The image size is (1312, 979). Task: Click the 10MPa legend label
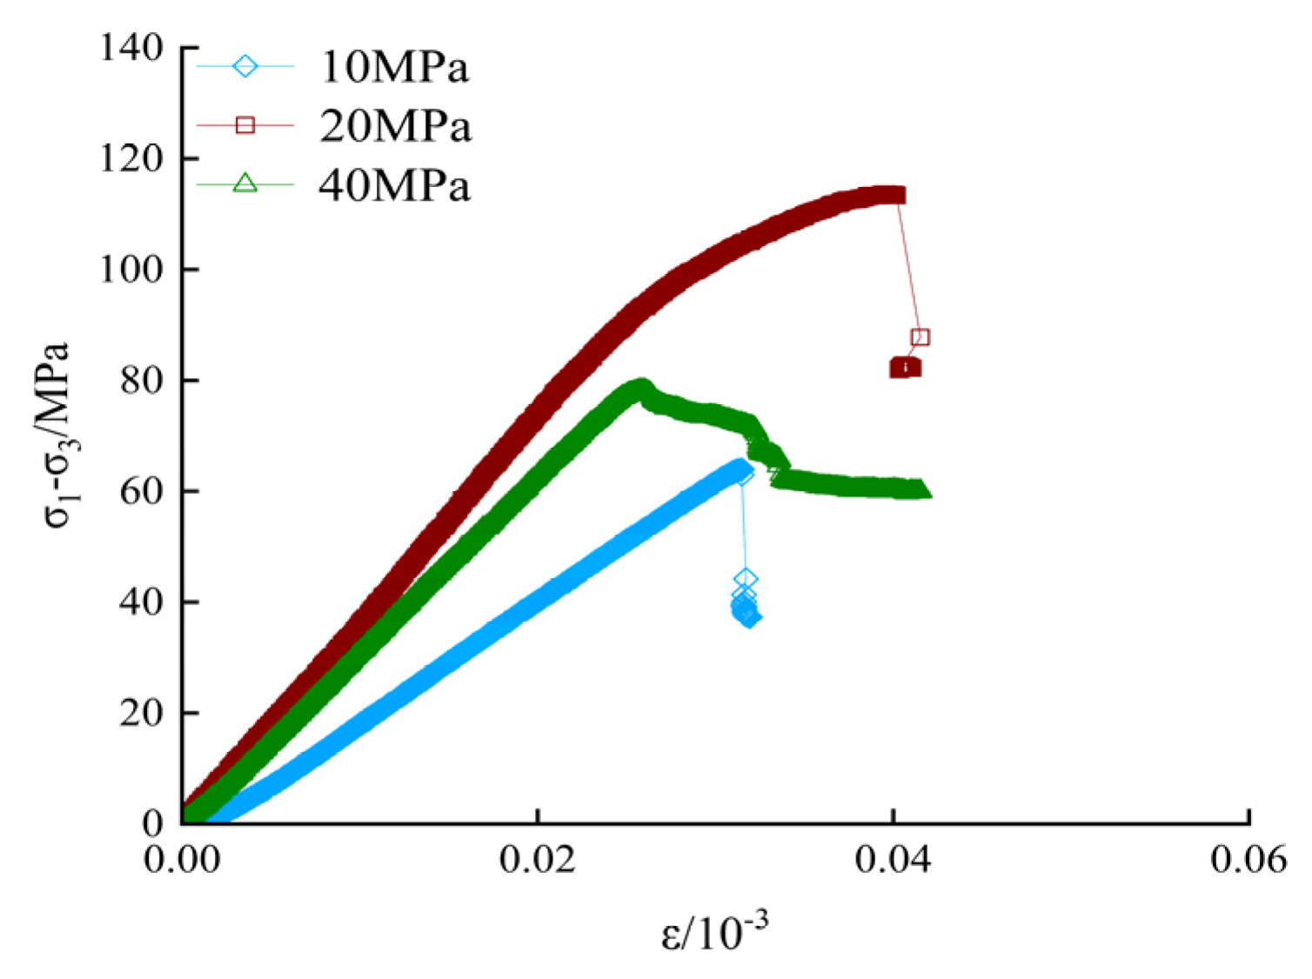(394, 68)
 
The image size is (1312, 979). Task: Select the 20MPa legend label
(395, 127)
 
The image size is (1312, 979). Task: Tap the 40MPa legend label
(394, 186)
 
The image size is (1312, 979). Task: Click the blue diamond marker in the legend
(245, 66)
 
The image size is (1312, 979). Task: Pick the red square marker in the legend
(245, 125)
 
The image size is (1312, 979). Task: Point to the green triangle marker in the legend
(245, 183)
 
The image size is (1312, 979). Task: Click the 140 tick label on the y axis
(131, 48)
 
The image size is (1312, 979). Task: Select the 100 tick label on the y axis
(131, 270)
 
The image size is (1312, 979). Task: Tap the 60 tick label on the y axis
(142, 491)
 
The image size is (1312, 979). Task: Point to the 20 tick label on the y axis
(142, 713)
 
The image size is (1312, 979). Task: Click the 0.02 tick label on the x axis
(538, 860)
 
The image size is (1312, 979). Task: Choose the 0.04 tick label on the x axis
(893, 860)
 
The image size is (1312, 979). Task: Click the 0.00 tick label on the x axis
(182, 860)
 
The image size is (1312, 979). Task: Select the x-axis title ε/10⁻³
(714, 933)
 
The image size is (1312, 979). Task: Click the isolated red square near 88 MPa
(920, 337)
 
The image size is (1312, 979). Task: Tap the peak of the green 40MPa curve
(642, 387)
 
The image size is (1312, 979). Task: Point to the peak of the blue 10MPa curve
(741, 470)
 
